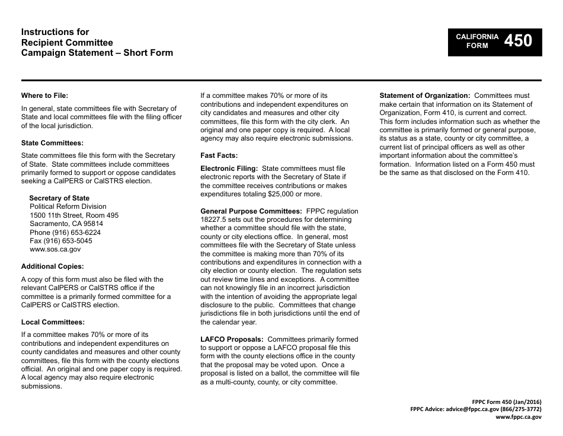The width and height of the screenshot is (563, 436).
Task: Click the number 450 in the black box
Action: coord(518,41)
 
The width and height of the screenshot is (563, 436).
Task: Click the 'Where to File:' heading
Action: coord(44,95)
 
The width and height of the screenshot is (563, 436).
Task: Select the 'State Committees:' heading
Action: coord(52,143)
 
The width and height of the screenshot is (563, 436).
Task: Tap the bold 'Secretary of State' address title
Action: coord(59,198)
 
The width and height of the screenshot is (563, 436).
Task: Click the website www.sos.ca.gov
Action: coord(55,250)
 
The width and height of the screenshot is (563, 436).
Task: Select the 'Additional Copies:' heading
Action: coord(52,266)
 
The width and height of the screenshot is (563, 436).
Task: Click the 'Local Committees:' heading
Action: coord(53,322)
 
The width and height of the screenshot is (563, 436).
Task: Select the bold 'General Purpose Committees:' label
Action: coord(251,211)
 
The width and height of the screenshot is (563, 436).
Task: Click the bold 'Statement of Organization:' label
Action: coord(425,96)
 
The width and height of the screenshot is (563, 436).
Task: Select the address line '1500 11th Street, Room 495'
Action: coord(74,215)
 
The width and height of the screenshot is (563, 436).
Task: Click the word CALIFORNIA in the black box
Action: coord(477,37)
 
